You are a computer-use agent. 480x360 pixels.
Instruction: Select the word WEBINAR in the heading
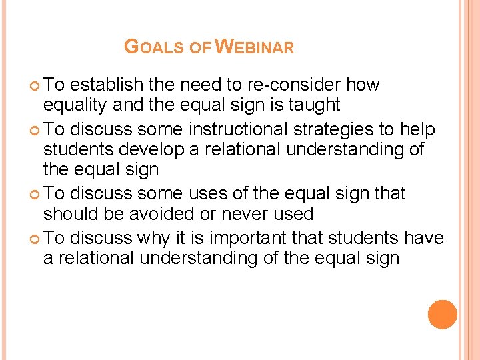coord(255,47)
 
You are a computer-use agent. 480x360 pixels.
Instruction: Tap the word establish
coord(106,85)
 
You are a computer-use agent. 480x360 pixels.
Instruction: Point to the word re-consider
coord(303,85)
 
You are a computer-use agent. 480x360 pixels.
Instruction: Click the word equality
coord(73,105)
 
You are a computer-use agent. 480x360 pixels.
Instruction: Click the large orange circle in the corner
coord(443,315)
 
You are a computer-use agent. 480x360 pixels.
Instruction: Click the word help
coord(416,129)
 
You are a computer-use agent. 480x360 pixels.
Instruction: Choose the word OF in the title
coord(200,48)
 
